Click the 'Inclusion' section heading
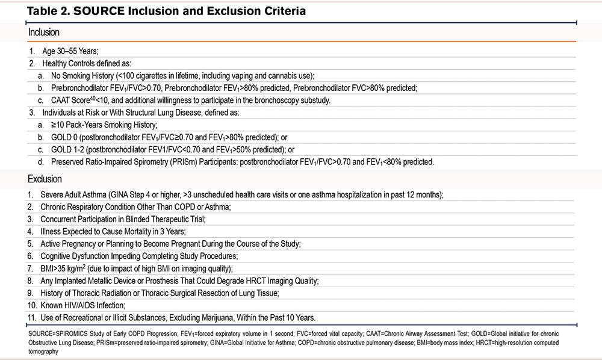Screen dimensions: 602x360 43,33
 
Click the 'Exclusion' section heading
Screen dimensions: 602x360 45,179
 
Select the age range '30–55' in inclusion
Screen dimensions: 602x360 67,51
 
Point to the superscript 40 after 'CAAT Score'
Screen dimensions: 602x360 93,98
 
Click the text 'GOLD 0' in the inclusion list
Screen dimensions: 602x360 64,137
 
